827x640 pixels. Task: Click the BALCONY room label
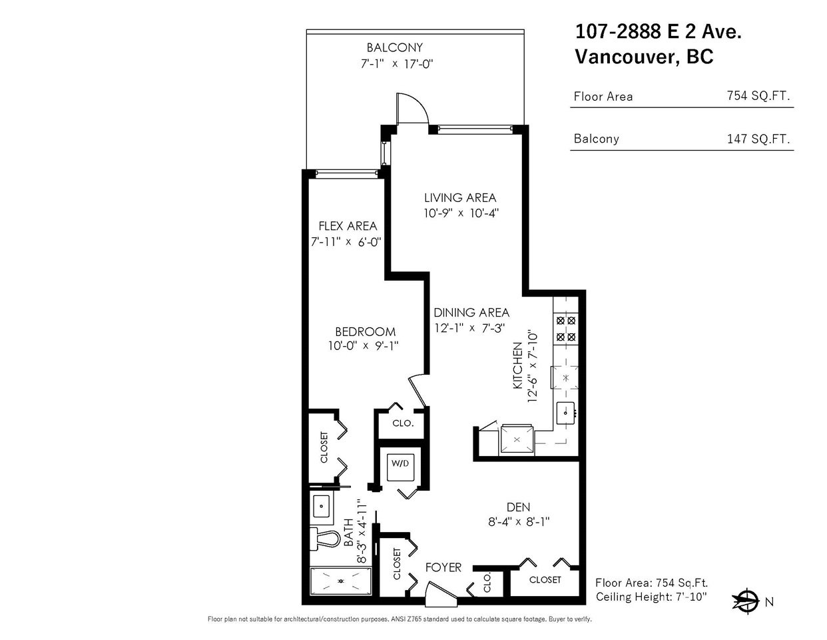pyautogui.click(x=395, y=47)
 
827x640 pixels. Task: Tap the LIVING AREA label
pyautogui.click(x=460, y=198)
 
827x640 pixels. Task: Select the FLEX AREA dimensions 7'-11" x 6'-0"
pyautogui.click(x=346, y=242)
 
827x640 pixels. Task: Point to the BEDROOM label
pyautogui.click(x=366, y=331)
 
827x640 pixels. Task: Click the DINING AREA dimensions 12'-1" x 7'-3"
pyautogui.click(x=469, y=327)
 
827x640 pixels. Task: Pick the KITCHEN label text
pyautogui.click(x=517, y=366)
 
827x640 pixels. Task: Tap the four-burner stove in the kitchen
pyautogui.click(x=566, y=329)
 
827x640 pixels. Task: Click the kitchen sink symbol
pyautogui.click(x=566, y=413)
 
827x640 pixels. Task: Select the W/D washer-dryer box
pyautogui.click(x=400, y=467)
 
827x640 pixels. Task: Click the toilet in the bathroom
pyautogui.click(x=324, y=539)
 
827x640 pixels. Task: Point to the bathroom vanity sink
pyautogui.click(x=322, y=506)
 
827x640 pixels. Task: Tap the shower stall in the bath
pyautogui.click(x=341, y=581)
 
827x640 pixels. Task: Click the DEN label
pyautogui.click(x=518, y=507)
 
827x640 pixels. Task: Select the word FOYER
pyautogui.click(x=443, y=567)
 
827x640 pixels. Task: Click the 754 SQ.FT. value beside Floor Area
pyautogui.click(x=758, y=95)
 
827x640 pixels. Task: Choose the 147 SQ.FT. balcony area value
pyautogui.click(x=758, y=139)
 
